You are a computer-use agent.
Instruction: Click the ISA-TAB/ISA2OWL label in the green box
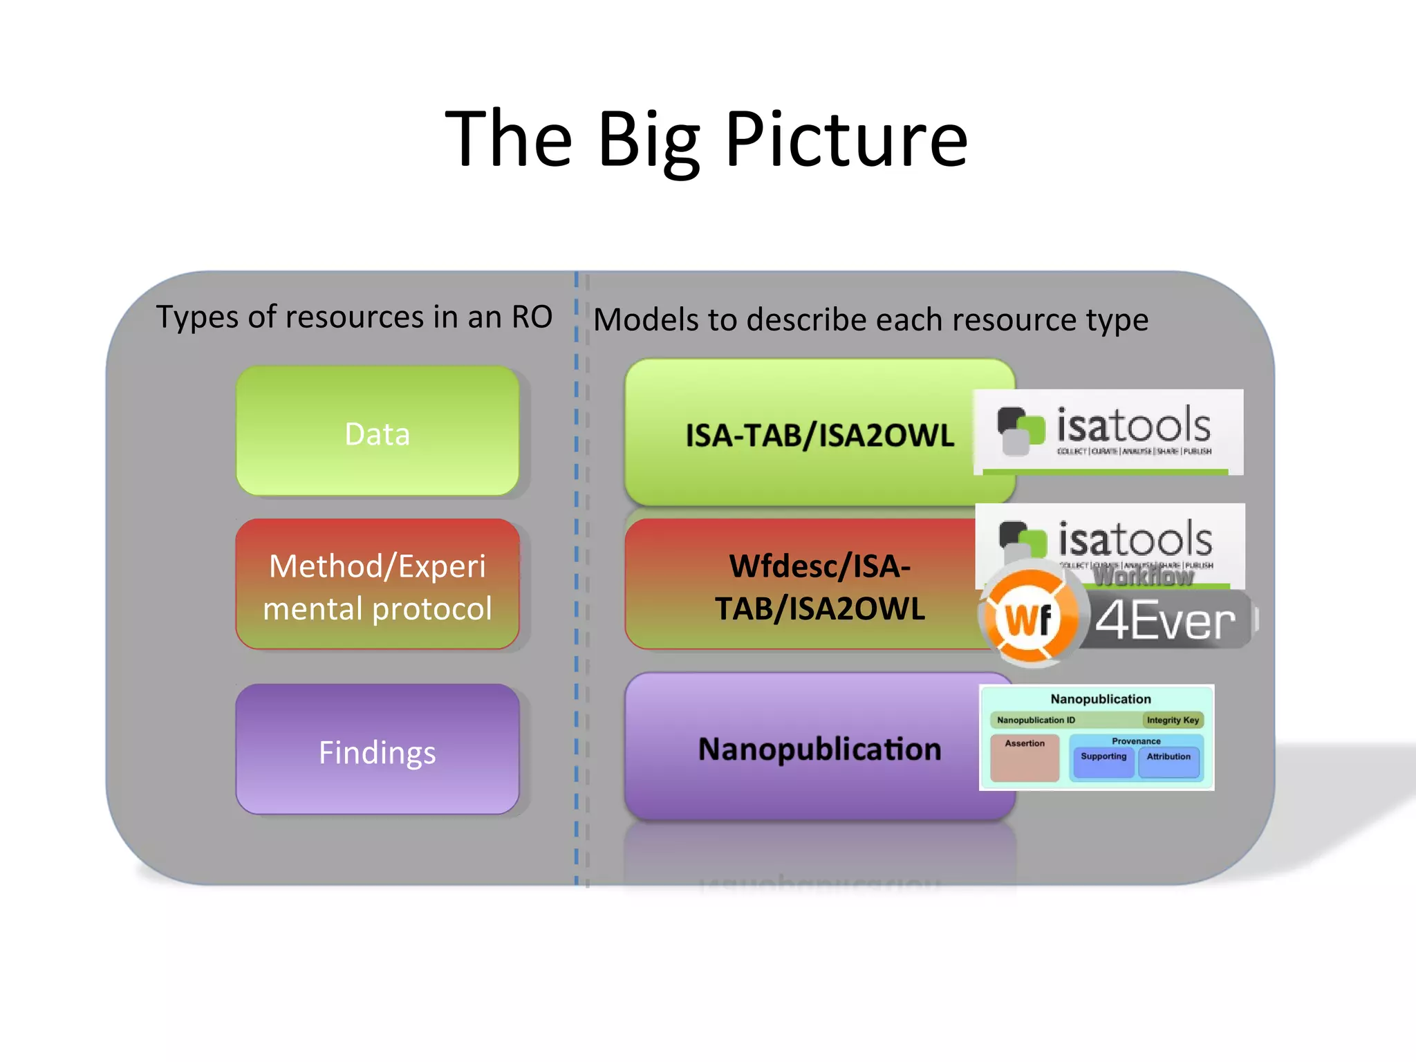(x=819, y=436)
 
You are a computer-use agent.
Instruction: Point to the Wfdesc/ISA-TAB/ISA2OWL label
(x=819, y=587)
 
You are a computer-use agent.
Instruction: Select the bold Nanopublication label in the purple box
(x=819, y=749)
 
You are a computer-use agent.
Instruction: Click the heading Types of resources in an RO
(x=354, y=317)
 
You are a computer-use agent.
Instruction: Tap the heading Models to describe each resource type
(x=870, y=319)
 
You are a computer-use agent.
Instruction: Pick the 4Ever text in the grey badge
(x=1166, y=620)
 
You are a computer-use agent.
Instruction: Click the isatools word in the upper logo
(x=1133, y=425)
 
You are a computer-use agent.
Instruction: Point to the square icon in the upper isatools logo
(x=1021, y=430)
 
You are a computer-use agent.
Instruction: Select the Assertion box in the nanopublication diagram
(x=1025, y=756)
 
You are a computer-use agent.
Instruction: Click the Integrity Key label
(x=1173, y=720)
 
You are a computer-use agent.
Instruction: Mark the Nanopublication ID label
(x=1036, y=720)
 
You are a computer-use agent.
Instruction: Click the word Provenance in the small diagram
(x=1136, y=741)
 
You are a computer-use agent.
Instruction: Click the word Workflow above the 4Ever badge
(x=1144, y=575)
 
